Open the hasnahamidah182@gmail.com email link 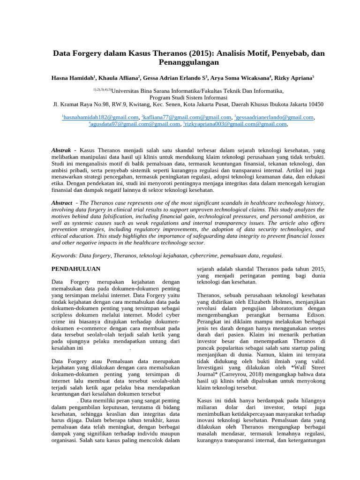(x=101, y=117)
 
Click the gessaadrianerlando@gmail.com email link (x=275, y=117)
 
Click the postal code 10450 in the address (x=314, y=104)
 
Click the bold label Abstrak (x=63, y=150)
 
